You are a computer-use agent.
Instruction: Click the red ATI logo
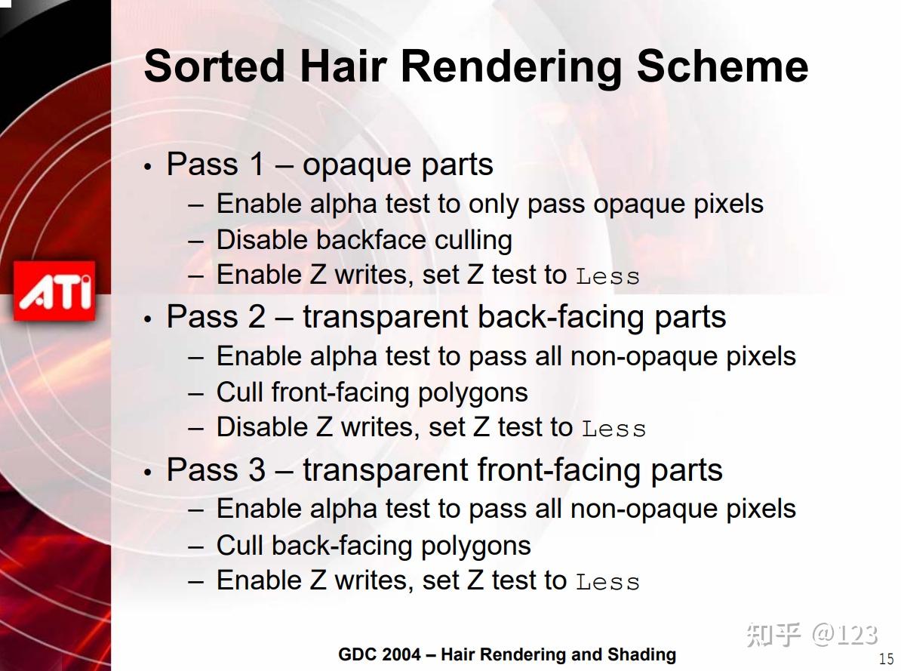[54, 291]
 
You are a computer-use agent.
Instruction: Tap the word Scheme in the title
[722, 66]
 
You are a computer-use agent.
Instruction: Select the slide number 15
[886, 659]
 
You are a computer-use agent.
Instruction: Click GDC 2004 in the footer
[380, 654]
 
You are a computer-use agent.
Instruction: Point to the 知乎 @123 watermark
[812, 635]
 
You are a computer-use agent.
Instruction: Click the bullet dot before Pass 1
[148, 167]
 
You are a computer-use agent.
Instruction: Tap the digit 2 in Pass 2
[257, 317]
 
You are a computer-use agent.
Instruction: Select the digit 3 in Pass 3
[257, 469]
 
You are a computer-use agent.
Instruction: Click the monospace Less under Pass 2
[614, 429]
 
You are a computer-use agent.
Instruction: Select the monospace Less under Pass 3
[608, 583]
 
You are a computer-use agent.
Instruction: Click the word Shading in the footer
[642, 655]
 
